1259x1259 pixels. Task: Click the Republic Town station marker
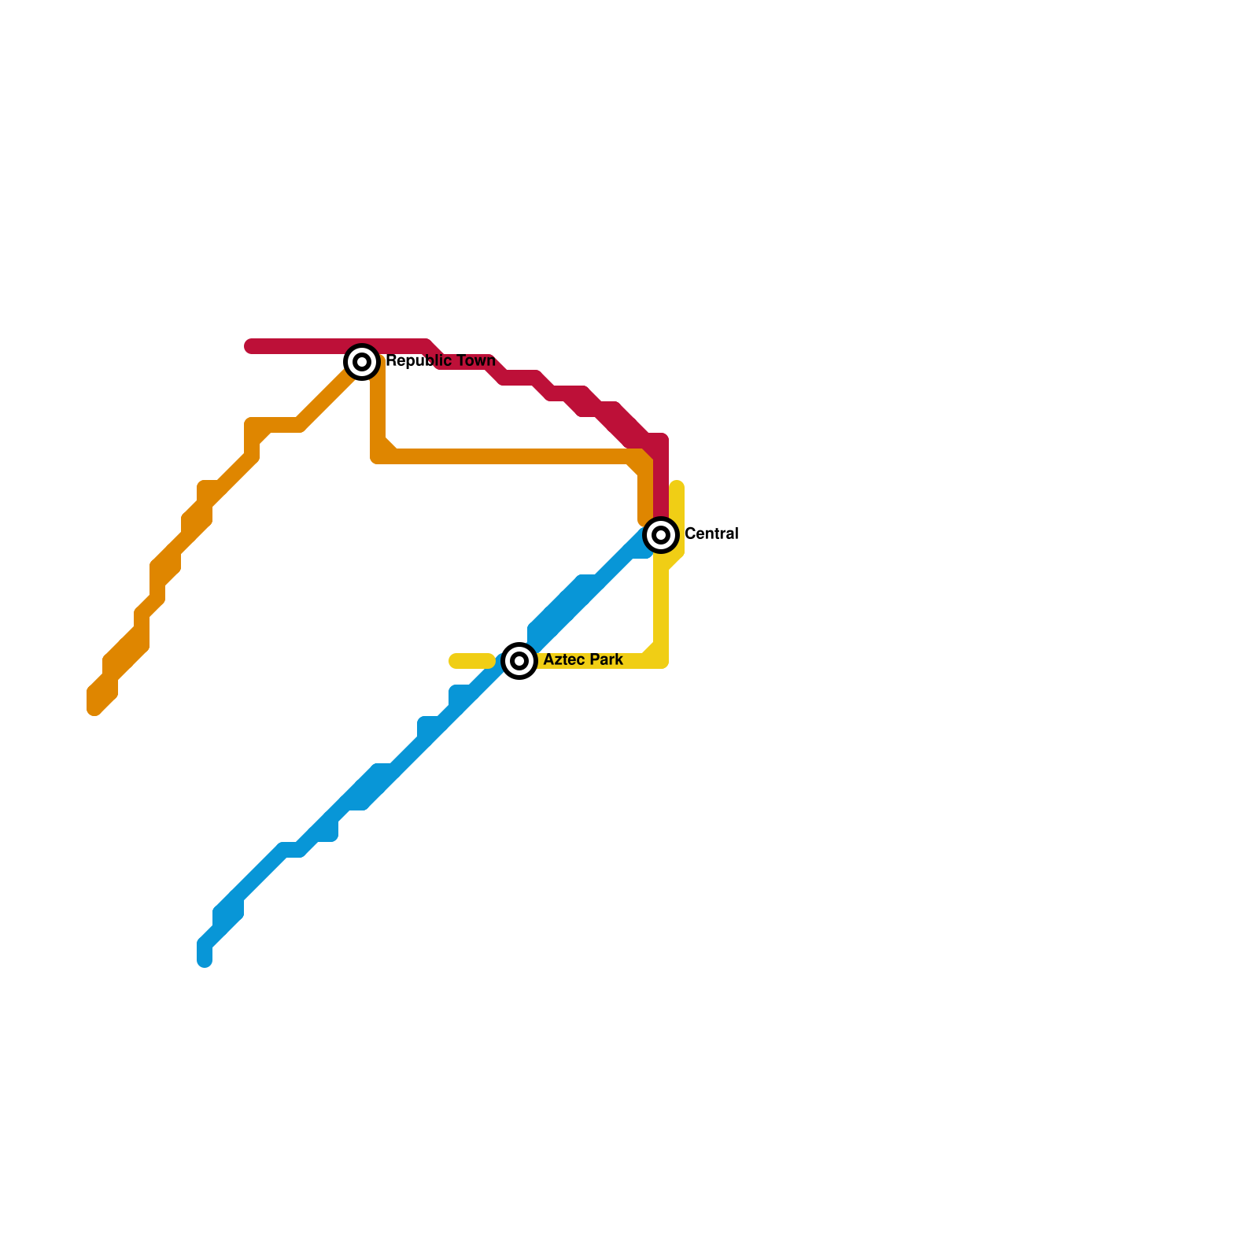point(362,362)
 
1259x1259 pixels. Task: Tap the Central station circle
point(661,535)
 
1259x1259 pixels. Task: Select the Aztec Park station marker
point(519,661)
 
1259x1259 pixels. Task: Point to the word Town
point(477,361)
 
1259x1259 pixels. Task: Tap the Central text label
point(711,534)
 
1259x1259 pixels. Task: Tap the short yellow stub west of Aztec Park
point(471,661)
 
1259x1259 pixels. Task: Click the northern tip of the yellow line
point(677,486)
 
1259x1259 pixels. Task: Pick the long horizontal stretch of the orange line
point(511,456)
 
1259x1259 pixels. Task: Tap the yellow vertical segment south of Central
point(661,606)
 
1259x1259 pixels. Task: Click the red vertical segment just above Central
point(661,480)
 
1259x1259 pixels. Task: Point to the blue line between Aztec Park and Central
point(590,590)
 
